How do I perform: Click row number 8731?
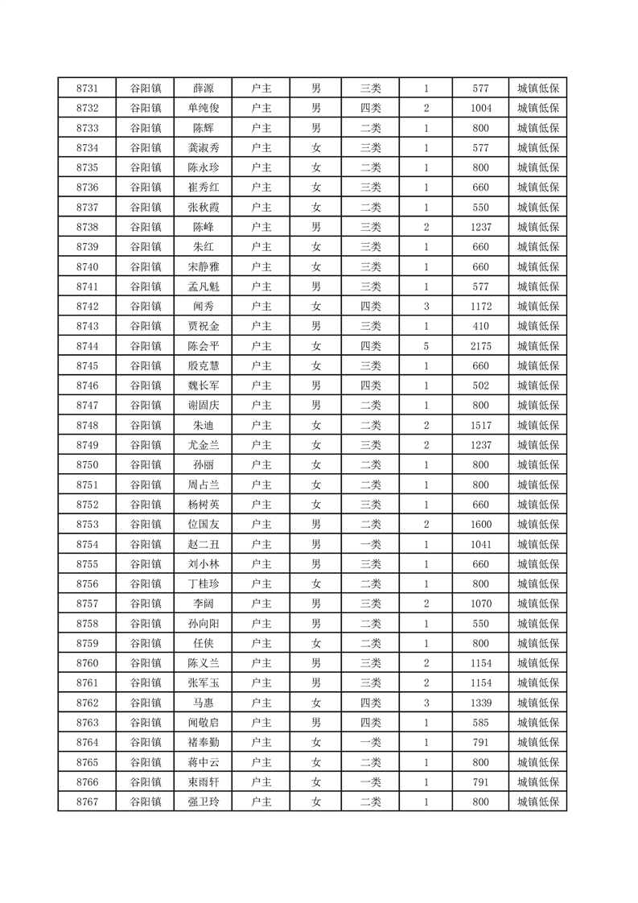pyautogui.click(x=87, y=89)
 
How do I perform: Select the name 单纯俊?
pyautogui.click(x=203, y=109)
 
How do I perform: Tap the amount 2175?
pyautogui.click(x=480, y=346)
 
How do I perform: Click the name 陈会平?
pyautogui.click(x=203, y=346)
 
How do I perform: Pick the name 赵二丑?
pyautogui.click(x=203, y=544)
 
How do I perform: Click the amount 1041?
pyautogui.click(x=480, y=544)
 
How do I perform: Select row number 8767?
pyautogui.click(x=87, y=802)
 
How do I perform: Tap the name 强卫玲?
pyautogui.click(x=203, y=802)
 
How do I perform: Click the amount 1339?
pyautogui.click(x=480, y=703)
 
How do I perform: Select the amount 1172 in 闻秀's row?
pyautogui.click(x=480, y=307)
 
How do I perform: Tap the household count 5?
pyautogui.click(x=426, y=346)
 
